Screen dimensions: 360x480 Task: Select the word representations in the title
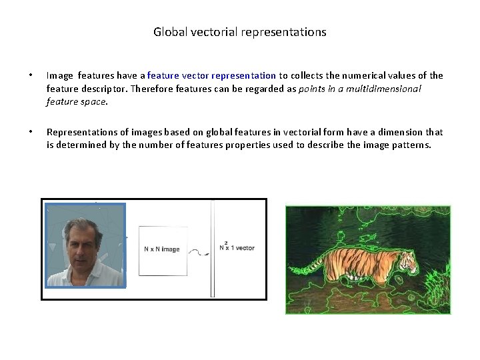tap(287, 32)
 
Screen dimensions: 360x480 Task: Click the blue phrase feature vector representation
tap(211, 76)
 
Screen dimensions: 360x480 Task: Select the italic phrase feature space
tap(76, 102)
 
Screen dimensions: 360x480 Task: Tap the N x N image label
tap(162, 249)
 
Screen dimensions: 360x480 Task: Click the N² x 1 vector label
tap(237, 248)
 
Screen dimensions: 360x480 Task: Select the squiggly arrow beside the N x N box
tap(197, 252)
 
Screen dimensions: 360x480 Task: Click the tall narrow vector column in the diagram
tap(213, 248)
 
